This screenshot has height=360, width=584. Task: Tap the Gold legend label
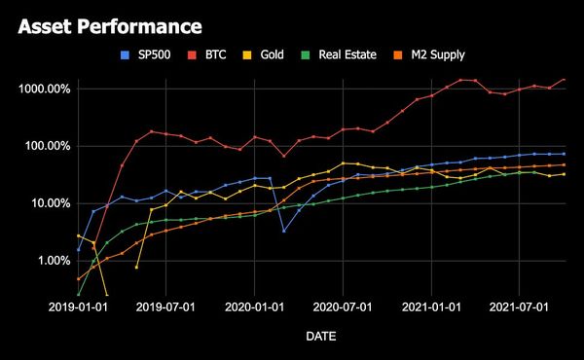272,54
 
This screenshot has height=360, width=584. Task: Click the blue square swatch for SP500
123,54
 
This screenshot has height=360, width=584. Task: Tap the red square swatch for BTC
192,54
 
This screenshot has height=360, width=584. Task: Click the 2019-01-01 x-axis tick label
79,308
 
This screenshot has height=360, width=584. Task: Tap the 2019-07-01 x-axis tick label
166,308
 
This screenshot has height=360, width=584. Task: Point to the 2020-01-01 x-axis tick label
255,308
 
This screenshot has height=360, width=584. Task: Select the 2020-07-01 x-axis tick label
343,308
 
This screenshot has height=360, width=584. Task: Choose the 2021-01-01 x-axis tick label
431,308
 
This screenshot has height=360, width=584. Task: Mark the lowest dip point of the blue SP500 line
284,231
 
